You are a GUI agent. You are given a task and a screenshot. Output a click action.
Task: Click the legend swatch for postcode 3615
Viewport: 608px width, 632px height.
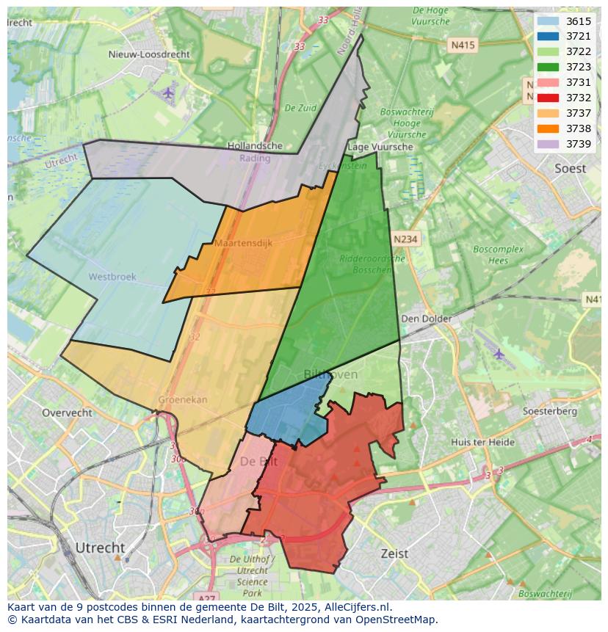(x=548, y=21)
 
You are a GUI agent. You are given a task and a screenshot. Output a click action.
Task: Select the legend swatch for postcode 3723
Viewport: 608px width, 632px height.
(x=548, y=67)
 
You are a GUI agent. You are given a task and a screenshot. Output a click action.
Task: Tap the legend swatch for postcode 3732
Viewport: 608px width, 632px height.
(x=548, y=98)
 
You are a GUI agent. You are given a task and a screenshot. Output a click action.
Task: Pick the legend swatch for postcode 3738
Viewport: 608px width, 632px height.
(x=548, y=128)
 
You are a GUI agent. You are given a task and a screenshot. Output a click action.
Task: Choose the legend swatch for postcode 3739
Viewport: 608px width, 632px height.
(x=548, y=144)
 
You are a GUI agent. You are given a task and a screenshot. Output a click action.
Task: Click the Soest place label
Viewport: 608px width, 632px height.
(x=570, y=168)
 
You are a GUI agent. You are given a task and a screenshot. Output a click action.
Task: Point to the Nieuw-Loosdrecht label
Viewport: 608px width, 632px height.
(x=148, y=54)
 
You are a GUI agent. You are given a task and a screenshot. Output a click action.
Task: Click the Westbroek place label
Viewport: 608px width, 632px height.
(x=112, y=277)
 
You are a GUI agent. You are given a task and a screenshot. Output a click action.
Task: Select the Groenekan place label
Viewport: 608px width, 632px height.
(x=182, y=400)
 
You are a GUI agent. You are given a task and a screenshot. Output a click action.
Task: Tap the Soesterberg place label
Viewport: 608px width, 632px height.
(x=551, y=411)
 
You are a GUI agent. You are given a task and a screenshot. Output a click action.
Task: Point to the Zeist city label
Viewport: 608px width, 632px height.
(x=394, y=553)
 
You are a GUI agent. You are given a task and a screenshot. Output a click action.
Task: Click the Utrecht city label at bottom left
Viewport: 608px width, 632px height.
(x=100, y=548)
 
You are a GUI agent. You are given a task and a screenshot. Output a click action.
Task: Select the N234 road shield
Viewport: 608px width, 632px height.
(x=405, y=239)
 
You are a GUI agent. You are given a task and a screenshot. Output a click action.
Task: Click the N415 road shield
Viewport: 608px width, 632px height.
(x=463, y=45)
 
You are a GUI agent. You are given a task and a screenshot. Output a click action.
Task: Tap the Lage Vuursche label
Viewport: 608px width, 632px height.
(x=380, y=147)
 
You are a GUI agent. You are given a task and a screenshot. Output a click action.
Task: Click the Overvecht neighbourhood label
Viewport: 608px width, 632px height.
(x=67, y=413)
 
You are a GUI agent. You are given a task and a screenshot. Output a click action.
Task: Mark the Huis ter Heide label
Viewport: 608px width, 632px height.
(x=482, y=442)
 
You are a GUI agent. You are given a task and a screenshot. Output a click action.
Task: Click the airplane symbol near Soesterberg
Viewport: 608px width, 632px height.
(x=499, y=354)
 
